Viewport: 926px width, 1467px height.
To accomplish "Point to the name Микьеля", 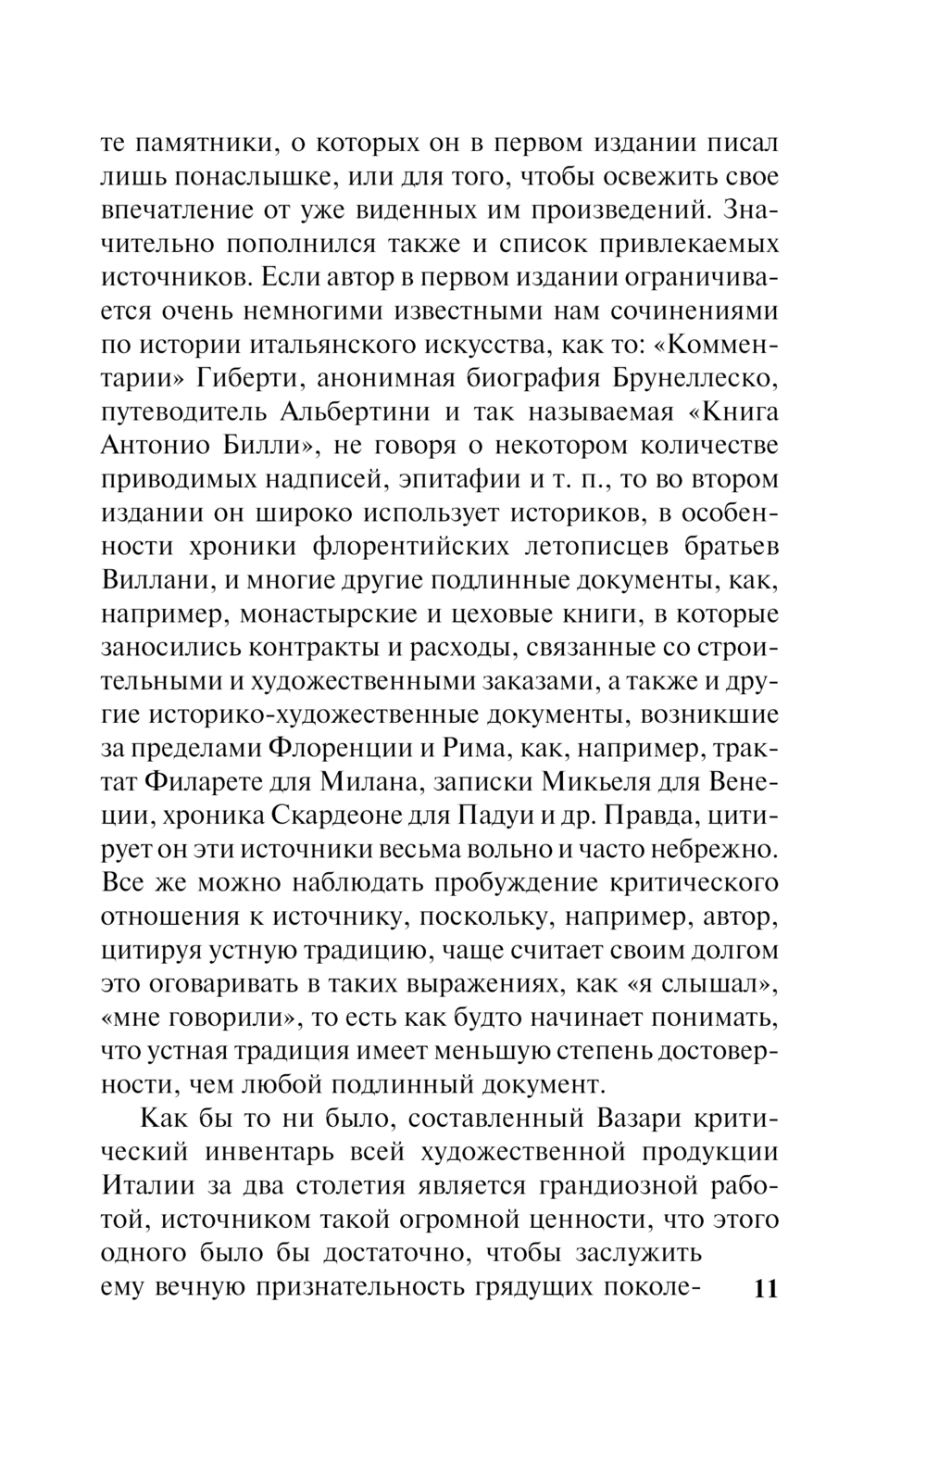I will coord(597,781).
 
